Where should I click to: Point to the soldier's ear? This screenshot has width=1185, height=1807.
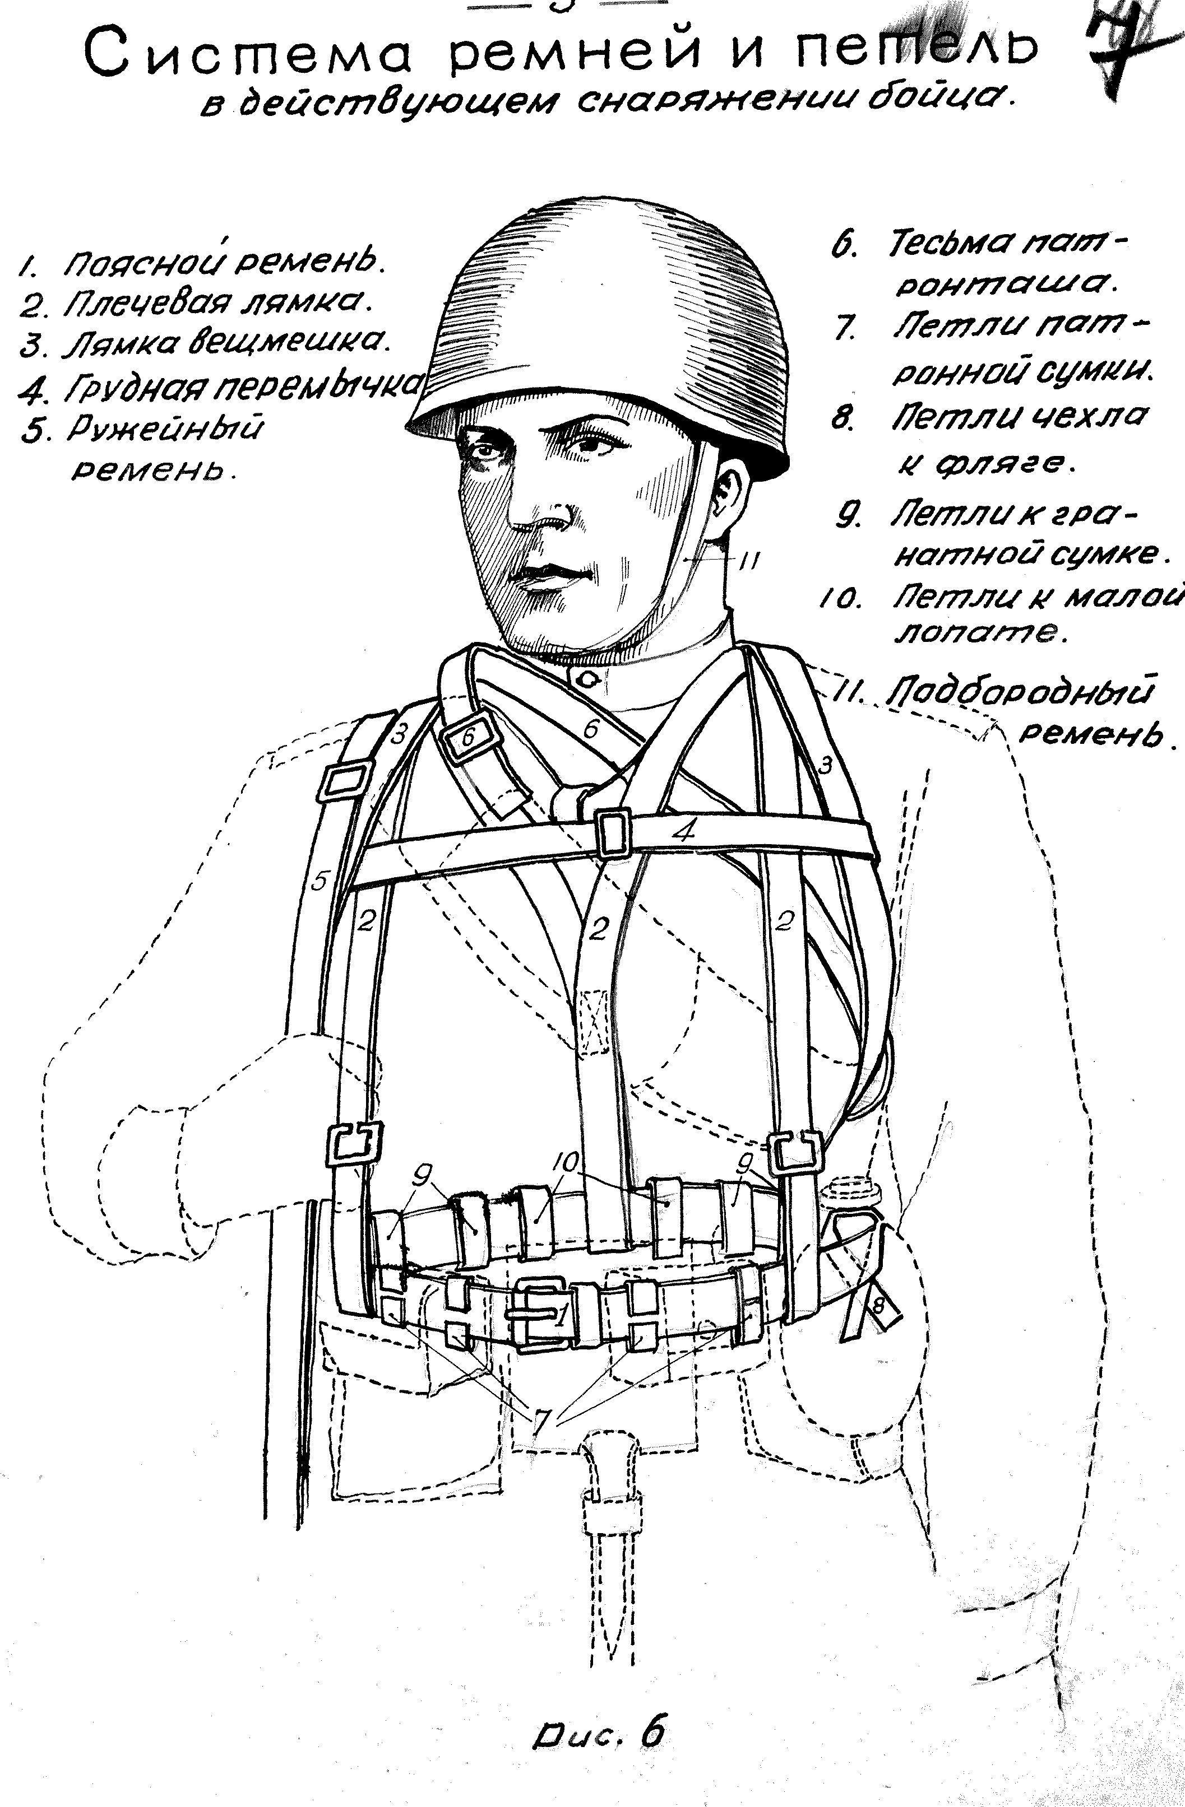pos(730,497)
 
